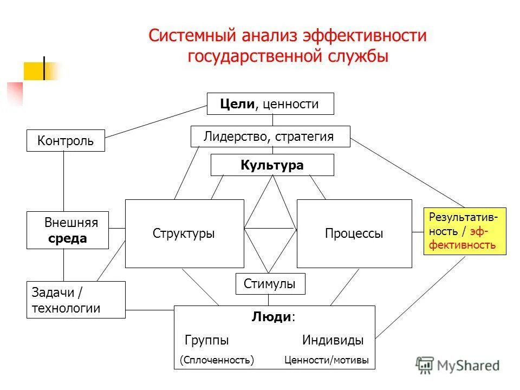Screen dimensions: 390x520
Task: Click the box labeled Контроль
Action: pyautogui.click(x=66, y=141)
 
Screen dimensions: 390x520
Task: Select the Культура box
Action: pyautogui.click(x=272, y=165)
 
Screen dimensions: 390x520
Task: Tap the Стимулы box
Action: pyautogui.click(x=270, y=284)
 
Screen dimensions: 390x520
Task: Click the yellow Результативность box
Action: pyautogui.click(x=464, y=231)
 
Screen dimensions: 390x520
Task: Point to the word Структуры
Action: pyautogui.click(x=184, y=233)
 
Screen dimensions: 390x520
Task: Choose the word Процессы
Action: pyautogui.click(x=354, y=233)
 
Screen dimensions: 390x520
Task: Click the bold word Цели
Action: pyautogui.click(x=237, y=104)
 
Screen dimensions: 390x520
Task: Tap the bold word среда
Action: pyautogui.click(x=67, y=239)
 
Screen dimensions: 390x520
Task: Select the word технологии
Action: pyautogui.click(x=66, y=308)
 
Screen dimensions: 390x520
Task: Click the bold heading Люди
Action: pyautogui.click(x=271, y=317)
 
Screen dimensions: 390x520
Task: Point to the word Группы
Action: pyautogui.click(x=206, y=341)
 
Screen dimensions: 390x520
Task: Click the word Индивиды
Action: pyautogui.click(x=333, y=341)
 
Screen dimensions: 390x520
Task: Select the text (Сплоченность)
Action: pyautogui.click(x=217, y=360)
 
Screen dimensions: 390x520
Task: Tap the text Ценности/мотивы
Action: pyautogui.click(x=326, y=360)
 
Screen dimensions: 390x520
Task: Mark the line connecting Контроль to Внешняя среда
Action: pyautogui.click(x=63, y=181)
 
